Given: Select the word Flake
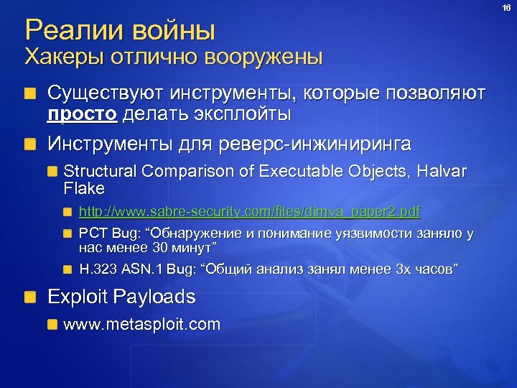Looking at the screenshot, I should coord(84,189).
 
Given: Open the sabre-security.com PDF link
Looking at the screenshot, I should coord(249,212).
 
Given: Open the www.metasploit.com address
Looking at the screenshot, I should coord(142,325).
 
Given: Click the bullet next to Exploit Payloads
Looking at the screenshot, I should coord(30,297).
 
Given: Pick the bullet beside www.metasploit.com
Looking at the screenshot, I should coord(52,325).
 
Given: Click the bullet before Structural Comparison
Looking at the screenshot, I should coord(52,172).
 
